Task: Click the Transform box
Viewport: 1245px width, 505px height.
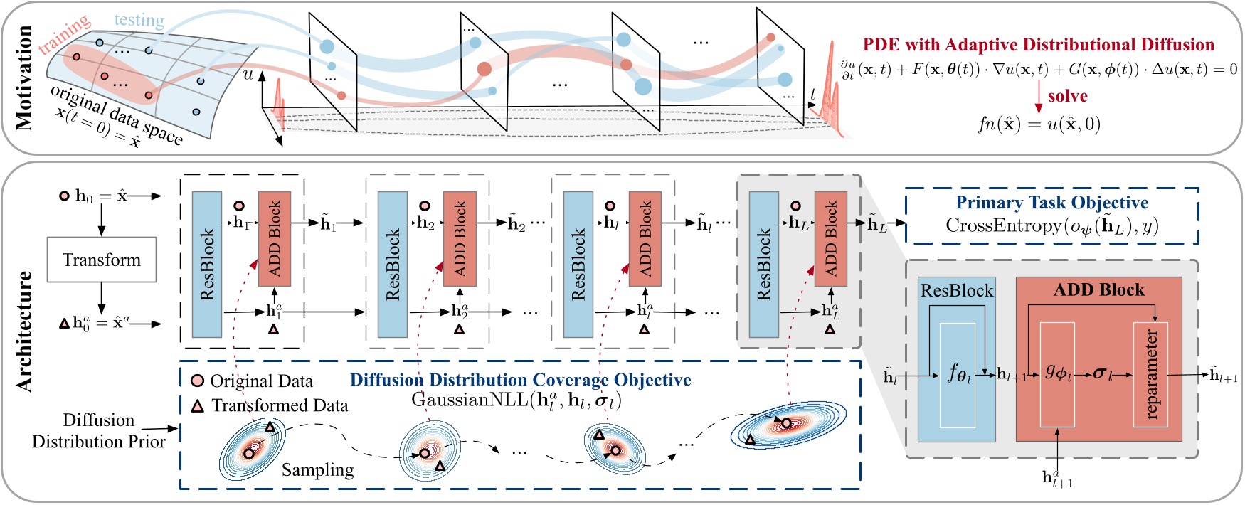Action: (x=101, y=260)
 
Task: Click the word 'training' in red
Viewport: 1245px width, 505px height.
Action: (x=64, y=34)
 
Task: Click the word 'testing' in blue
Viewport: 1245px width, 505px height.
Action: (x=139, y=20)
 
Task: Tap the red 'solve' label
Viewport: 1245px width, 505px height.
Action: (x=1067, y=96)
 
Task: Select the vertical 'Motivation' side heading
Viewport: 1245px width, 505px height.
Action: (x=24, y=78)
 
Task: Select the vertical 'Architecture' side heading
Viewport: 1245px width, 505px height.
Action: (x=24, y=331)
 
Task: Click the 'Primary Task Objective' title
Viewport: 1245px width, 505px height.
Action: (x=1051, y=203)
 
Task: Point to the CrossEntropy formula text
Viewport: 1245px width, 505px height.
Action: (x=1051, y=226)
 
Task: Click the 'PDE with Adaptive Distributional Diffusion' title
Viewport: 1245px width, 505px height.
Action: (x=1039, y=45)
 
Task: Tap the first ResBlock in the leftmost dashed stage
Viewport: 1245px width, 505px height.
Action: (x=207, y=264)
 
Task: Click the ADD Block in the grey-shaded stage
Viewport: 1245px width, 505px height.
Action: (x=830, y=238)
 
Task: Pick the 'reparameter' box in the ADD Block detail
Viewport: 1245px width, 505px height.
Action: (x=1150, y=374)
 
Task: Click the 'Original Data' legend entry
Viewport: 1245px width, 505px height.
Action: (x=253, y=381)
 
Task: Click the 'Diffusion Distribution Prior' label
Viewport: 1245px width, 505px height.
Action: (x=98, y=430)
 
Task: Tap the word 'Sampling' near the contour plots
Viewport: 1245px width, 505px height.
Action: (x=317, y=470)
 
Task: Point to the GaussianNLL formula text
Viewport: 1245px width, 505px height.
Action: (x=516, y=400)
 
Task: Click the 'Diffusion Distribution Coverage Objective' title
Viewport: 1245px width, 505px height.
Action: (x=520, y=380)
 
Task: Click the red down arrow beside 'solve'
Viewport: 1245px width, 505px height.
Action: (x=1039, y=97)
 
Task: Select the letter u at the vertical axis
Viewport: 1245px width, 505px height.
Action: (x=248, y=74)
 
